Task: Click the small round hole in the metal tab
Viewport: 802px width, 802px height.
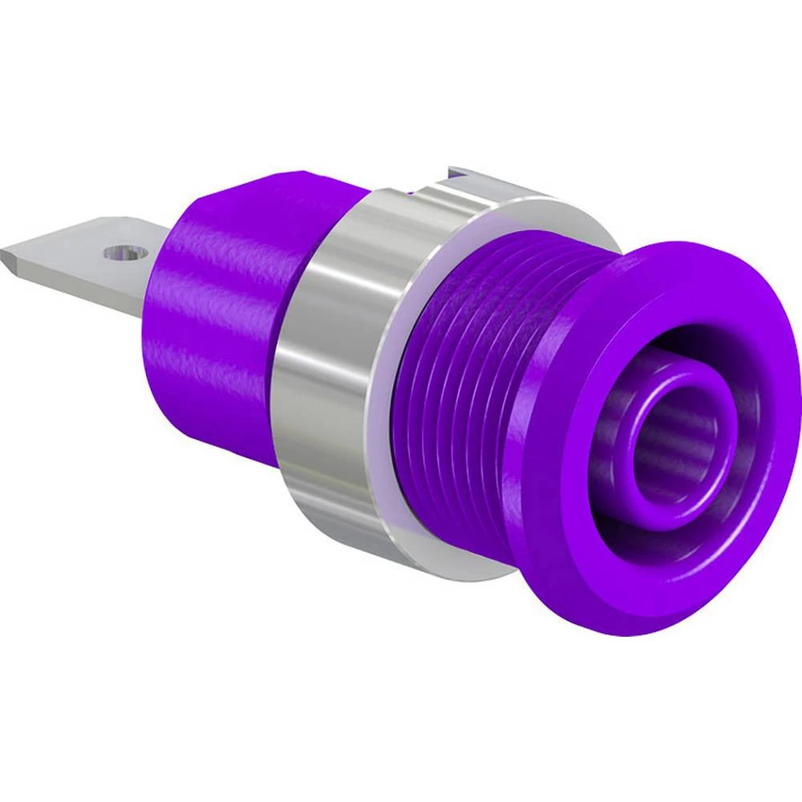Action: coord(120,254)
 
